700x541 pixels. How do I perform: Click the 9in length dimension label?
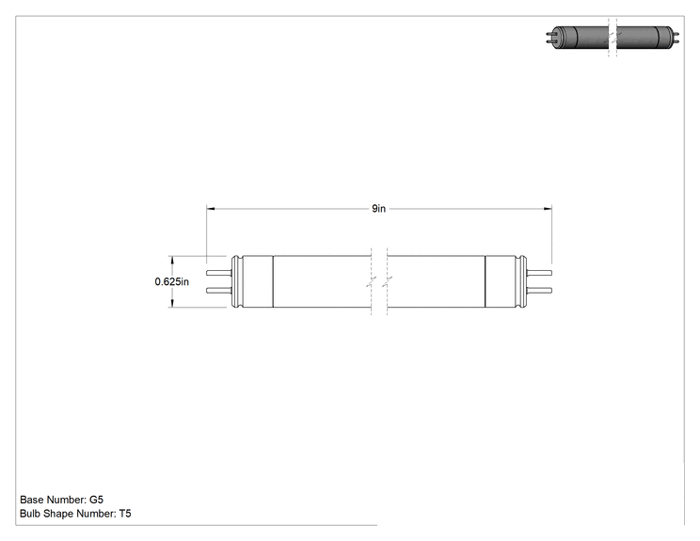pos(378,209)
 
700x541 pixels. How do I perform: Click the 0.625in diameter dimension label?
pos(172,281)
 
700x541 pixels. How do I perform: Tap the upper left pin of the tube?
pos(218,273)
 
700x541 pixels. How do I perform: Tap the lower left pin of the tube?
pos(218,291)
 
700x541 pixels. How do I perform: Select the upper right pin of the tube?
pos(539,273)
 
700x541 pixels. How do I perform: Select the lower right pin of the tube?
pos(539,291)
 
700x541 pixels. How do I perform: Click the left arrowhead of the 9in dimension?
pos(210,209)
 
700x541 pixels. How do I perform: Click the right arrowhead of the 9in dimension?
pos(548,209)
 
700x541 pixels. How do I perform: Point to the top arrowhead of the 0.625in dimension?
pos(172,261)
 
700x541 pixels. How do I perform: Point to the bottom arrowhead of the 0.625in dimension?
pos(172,303)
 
